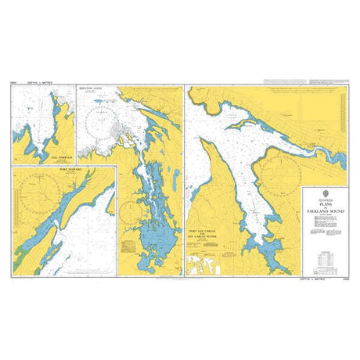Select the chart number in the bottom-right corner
click(x=345, y=277)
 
